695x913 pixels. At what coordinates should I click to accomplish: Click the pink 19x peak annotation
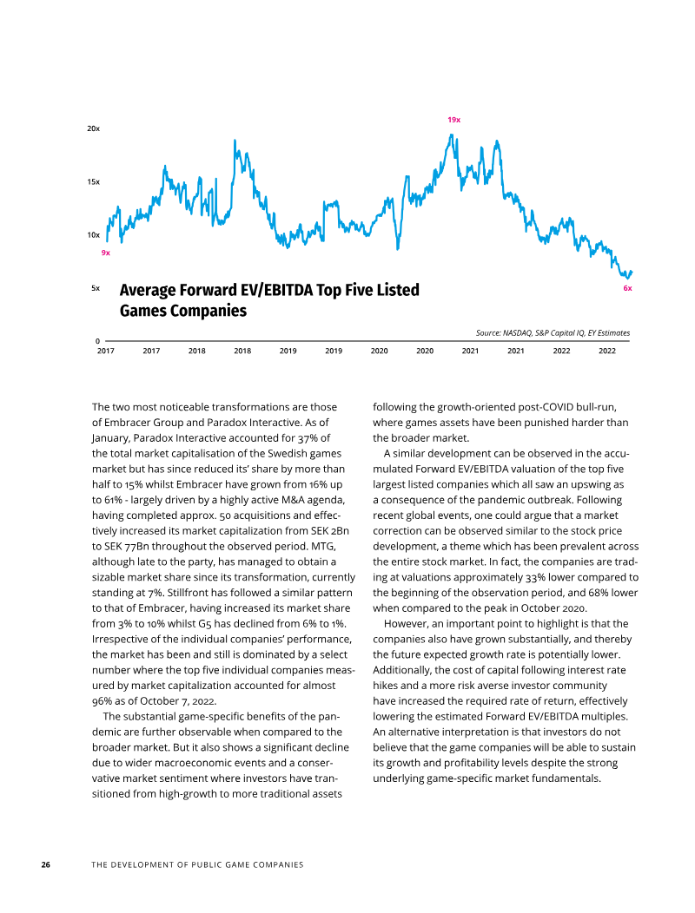click(x=453, y=120)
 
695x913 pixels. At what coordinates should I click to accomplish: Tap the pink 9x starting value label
click(x=105, y=253)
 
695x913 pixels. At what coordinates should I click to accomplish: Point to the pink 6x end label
click(x=627, y=288)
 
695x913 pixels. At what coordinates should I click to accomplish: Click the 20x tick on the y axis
click(x=93, y=128)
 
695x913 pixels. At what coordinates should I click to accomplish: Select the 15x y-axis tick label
click(x=93, y=182)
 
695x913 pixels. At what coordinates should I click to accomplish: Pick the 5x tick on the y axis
click(x=96, y=288)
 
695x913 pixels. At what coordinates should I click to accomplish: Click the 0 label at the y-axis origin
click(x=97, y=341)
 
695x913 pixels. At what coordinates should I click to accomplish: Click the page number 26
click(x=45, y=864)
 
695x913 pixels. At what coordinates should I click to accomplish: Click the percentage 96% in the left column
click(x=102, y=701)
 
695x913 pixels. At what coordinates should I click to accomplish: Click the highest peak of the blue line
click(x=451, y=135)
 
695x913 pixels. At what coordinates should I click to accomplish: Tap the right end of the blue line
click(x=632, y=272)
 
